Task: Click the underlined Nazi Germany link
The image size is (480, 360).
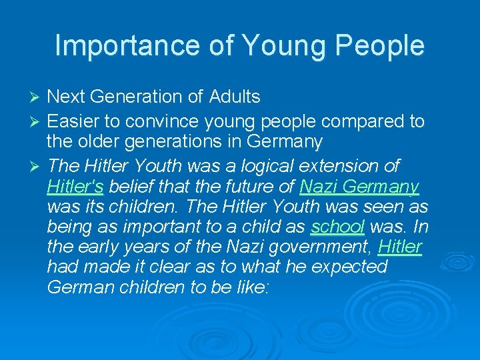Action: coord(359,187)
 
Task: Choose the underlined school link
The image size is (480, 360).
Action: coord(337,227)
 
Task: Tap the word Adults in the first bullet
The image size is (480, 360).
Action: coord(234,97)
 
